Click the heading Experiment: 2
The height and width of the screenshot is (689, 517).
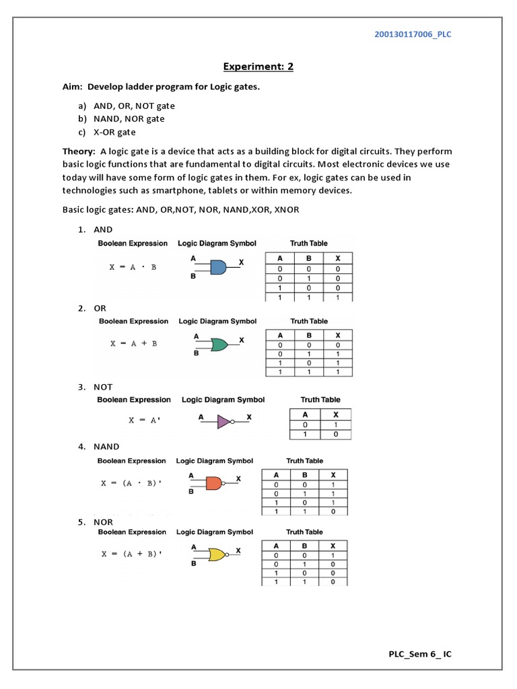click(258, 67)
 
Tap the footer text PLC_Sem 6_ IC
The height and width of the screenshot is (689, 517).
click(419, 654)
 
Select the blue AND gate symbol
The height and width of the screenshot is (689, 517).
click(217, 267)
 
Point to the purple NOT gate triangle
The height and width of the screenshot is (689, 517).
click(223, 422)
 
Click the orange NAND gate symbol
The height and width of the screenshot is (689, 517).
click(213, 482)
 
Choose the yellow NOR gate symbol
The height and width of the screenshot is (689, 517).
click(217, 554)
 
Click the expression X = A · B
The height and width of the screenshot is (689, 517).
click(133, 267)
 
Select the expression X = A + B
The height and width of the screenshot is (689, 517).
click(134, 343)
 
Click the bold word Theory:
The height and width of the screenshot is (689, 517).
click(80, 151)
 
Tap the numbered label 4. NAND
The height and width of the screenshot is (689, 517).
click(99, 446)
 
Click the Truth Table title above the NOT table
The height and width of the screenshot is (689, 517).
click(320, 400)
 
